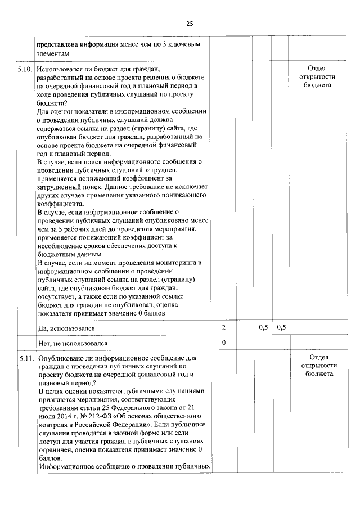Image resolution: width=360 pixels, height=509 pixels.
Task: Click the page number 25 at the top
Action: click(190, 24)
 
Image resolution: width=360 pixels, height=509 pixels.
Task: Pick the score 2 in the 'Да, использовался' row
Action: click(223, 327)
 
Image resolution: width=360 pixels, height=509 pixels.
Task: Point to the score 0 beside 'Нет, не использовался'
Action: click(223, 342)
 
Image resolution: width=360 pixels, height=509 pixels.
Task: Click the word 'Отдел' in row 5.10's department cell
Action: click(318, 68)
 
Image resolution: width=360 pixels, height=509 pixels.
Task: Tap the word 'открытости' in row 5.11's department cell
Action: click(318, 365)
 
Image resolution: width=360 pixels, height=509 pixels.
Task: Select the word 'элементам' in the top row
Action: click(54, 52)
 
